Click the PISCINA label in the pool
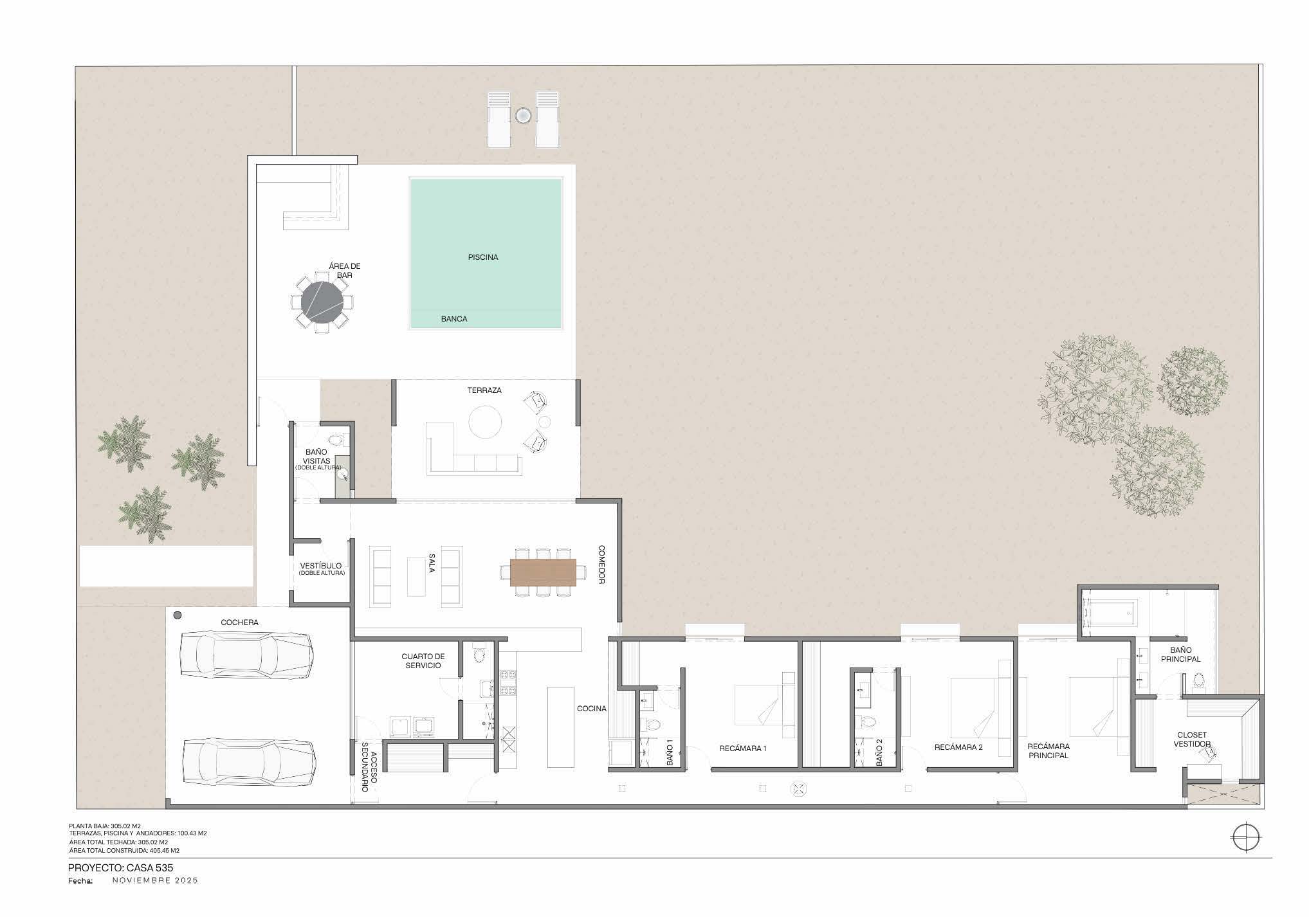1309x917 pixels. coord(482,257)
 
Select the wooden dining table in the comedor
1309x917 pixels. coord(544,572)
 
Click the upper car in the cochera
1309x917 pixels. coord(247,655)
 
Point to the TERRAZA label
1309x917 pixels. coord(484,390)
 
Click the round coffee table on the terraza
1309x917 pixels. coord(485,422)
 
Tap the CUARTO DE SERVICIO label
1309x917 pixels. coord(423,661)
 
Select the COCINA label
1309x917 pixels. coord(591,709)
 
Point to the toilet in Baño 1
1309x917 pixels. coord(654,725)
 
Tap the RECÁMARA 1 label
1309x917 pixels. coord(743,749)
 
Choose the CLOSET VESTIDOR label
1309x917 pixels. coord(1192,740)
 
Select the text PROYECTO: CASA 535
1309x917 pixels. coord(120,868)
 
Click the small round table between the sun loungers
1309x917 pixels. coord(522,116)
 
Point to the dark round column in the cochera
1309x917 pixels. coord(177,615)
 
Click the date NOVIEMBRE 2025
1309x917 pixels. coord(155,880)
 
